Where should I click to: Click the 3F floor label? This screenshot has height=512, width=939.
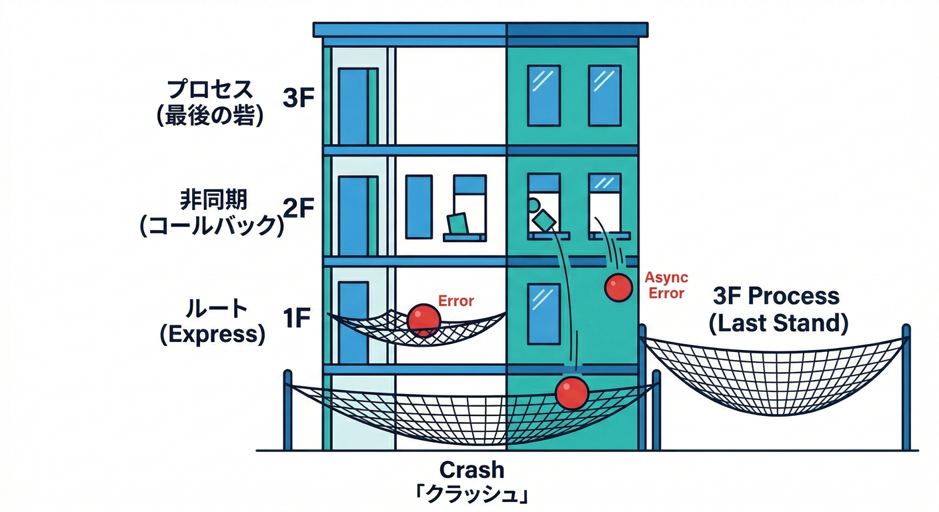point(298,98)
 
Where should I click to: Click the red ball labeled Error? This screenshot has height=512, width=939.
point(423,319)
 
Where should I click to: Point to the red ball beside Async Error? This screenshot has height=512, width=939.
point(618,287)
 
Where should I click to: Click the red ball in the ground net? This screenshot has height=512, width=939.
point(572,392)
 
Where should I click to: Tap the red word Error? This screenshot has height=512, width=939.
point(455,301)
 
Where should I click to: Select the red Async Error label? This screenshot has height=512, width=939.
point(666,285)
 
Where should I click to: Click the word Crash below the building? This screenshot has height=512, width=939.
point(472,469)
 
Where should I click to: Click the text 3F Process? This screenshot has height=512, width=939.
point(776,296)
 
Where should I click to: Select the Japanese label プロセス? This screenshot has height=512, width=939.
point(209,89)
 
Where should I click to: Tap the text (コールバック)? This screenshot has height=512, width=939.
point(212,226)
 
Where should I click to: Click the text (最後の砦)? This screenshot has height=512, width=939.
point(209,115)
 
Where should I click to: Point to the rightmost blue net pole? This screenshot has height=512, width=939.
point(906,387)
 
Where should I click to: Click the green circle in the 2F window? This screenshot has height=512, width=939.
point(533,205)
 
